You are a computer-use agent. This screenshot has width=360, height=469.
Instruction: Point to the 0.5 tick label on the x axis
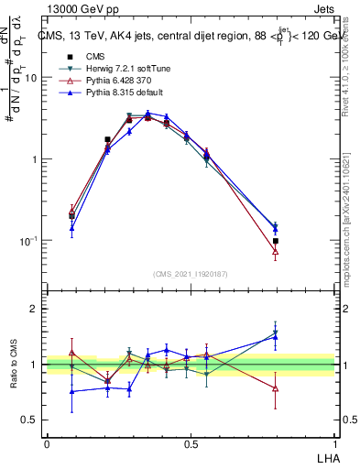pos(191,443)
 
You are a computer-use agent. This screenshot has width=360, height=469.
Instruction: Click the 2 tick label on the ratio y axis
pos(33,309)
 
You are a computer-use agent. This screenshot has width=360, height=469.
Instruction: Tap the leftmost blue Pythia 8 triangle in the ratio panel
pos(71,391)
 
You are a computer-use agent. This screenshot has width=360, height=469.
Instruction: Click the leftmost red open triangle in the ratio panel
pos(71,353)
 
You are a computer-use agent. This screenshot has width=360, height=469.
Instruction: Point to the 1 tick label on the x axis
pos(335,443)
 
